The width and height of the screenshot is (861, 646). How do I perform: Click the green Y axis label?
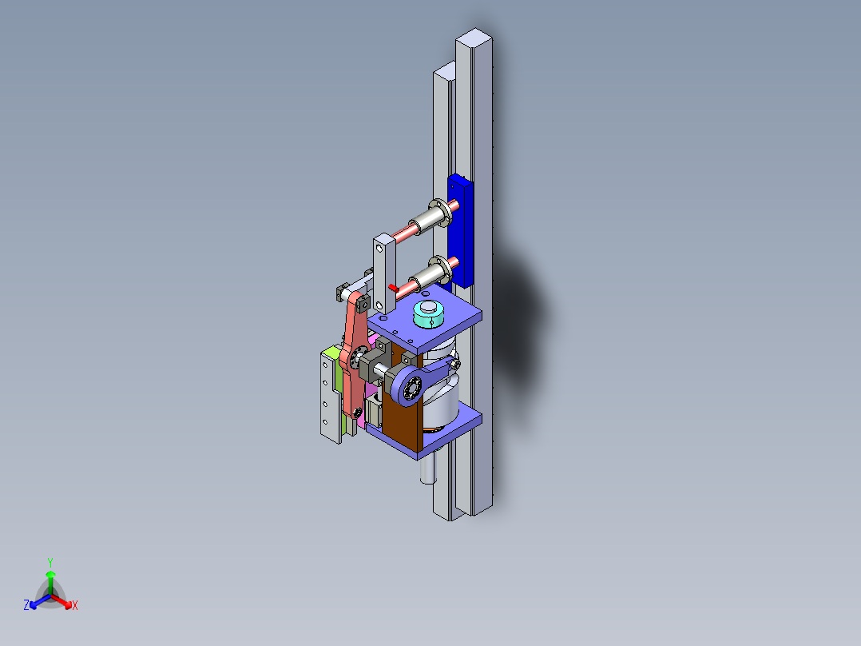pyautogui.click(x=50, y=562)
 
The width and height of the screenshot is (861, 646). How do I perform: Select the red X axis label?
pyautogui.click(x=75, y=606)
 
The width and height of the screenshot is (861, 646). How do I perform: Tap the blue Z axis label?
pyautogui.click(x=26, y=606)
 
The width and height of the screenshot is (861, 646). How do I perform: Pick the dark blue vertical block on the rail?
pyautogui.click(x=461, y=232)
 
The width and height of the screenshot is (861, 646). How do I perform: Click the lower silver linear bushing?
pyautogui.click(x=432, y=273)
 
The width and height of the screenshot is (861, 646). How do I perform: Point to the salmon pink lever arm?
pyautogui.click(x=352, y=352)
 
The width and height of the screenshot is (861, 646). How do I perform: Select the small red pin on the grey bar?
pyautogui.click(x=394, y=285)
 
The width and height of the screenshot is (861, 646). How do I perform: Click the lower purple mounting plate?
pyautogui.click(x=447, y=432)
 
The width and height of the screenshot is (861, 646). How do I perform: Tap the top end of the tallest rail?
pyautogui.click(x=475, y=38)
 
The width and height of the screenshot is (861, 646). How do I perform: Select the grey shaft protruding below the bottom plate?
pyautogui.click(x=429, y=469)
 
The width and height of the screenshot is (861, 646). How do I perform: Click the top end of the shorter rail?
pyautogui.click(x=444, y=74)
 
